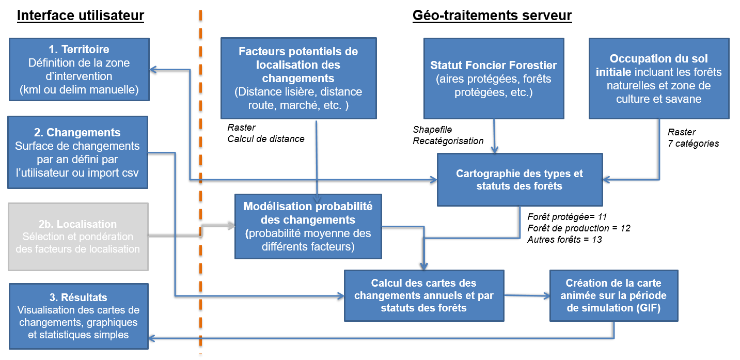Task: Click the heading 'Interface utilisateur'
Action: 80,16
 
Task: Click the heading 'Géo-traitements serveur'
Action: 492,16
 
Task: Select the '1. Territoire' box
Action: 79,69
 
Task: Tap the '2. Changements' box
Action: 77,152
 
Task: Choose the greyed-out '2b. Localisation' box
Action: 77,237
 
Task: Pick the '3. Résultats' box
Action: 78,316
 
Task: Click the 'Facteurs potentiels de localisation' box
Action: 298,77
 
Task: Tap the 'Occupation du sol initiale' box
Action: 658,78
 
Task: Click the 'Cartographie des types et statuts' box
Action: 519,179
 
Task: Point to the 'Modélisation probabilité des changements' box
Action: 308,226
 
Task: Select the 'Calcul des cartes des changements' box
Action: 423,295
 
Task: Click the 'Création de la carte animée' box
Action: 613,295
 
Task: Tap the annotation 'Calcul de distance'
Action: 266,138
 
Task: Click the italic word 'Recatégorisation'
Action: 448,141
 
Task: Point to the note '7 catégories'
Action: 693,143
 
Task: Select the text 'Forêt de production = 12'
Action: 578,228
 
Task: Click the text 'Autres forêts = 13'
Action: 564,240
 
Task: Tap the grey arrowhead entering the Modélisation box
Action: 230,226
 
